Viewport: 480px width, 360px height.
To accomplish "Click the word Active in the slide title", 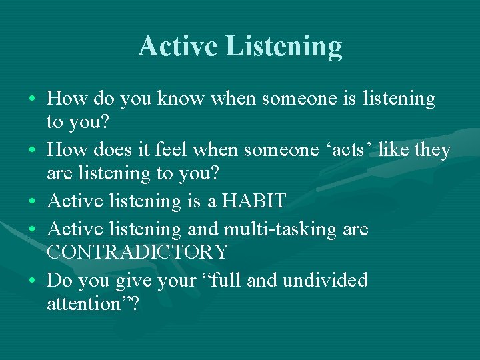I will pos(177,46).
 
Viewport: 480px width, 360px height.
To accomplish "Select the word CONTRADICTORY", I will pos(137,252).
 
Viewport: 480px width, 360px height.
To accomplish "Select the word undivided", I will pos(325,280).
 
